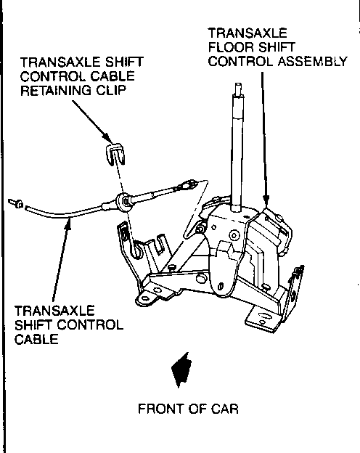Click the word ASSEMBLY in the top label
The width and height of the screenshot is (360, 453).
tap(313, 61)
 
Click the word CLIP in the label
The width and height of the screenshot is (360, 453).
tap(111, 91)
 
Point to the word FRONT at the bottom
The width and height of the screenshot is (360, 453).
tap(161, 409)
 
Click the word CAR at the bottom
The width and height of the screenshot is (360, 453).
tap(225, 409)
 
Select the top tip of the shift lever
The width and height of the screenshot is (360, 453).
tap(238, 84)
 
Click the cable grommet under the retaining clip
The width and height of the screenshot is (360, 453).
tap(125, 200)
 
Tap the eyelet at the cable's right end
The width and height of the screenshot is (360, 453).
tap(187, 184)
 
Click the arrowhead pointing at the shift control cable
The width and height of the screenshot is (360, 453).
tap(68, 224)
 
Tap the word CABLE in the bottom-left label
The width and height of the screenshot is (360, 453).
tap(36, 339)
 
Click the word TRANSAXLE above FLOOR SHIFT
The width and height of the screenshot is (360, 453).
tap(247, 33)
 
